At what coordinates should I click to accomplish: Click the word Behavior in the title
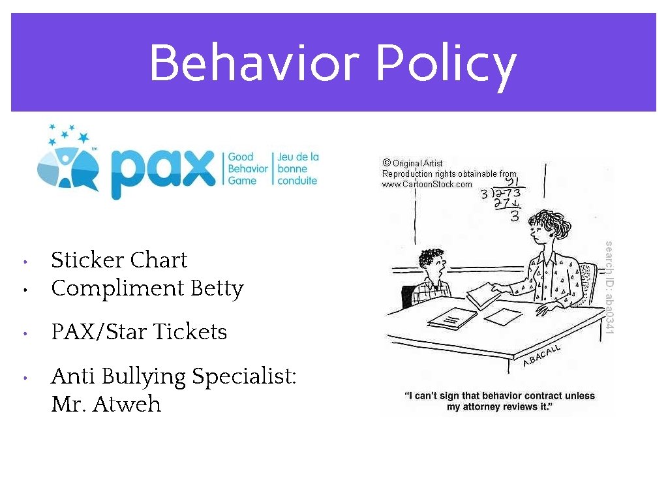(x=254, y=63)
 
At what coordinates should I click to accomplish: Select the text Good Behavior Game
(x=247, y=168)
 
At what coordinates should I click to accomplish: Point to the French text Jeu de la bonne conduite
(x=297, y=168)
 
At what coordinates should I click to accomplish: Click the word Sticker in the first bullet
(x=87, y=260)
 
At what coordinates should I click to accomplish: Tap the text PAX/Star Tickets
(x=139, y=332)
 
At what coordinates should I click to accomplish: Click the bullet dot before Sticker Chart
(x=23, y=262)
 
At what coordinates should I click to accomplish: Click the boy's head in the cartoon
(x=432, y=264)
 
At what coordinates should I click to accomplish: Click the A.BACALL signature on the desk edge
(x=541, y=356)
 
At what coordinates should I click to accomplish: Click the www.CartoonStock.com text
(x=427, y=185)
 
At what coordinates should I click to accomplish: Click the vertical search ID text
(x=608, y=288)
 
